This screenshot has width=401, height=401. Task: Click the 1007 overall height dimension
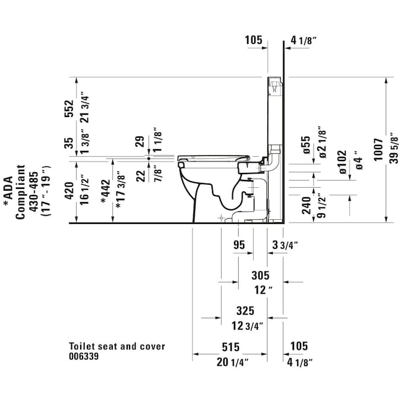[378, 150]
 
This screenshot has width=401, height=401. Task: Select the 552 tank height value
[68, 109]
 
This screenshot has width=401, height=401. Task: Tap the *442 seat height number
[106, 191]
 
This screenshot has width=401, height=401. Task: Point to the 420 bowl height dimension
[69, 191]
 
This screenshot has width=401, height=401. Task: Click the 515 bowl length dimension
[231, 347]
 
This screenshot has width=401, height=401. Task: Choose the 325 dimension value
[245, 311]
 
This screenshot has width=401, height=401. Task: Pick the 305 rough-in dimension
[260, 276]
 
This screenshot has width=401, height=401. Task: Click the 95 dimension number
[239, 245]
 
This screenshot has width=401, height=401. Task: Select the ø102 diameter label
[343, 162]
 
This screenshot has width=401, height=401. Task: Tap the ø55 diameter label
[306, 145]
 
